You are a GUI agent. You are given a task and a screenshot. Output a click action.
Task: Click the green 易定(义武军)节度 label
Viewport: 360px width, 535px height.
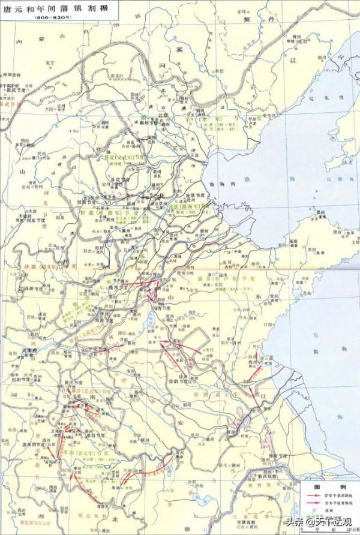tap(124, 157)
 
